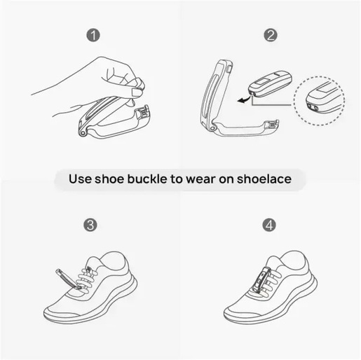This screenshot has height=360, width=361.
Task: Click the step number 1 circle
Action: click(93, 35)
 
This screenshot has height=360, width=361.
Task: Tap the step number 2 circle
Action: click(271, 35)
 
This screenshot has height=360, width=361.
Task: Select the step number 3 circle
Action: click(90, 225)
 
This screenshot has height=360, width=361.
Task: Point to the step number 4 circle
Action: click(269, 225)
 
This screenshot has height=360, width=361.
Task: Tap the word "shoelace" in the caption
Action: click(264, 179)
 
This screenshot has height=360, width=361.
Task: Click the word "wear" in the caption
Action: click(200, 180)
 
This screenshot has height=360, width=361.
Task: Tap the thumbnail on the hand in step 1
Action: click(137, 92)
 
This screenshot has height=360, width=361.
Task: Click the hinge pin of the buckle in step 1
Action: click(83, 133)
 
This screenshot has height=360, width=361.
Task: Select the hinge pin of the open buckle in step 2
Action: click(212, 128)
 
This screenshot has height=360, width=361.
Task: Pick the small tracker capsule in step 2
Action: click(270, 83)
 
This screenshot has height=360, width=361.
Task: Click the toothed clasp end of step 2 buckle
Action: click(271, 125)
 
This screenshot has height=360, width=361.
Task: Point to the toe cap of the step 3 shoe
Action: click(60, 313)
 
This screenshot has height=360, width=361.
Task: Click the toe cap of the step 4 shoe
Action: click(239, 312)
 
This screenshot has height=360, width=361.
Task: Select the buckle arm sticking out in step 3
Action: click(68, 279)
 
